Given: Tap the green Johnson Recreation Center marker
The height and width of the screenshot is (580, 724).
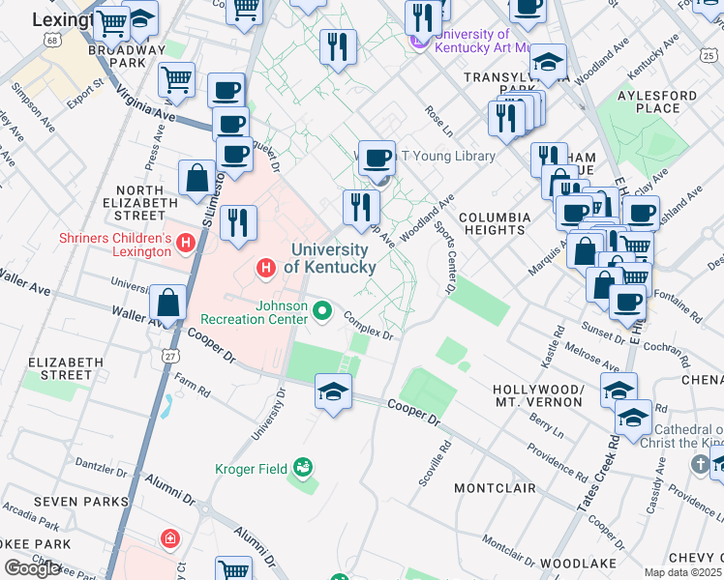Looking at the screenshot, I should [x=323, y=311].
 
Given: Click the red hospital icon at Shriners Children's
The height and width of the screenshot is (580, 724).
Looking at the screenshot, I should [x=185, y=246].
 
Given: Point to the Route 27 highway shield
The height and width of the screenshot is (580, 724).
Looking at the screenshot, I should [x=170, y=356].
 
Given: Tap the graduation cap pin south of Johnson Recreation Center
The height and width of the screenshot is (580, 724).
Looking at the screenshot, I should [x=333, y=391].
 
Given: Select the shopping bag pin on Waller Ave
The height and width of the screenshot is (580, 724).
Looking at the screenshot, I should [x=168, y=302].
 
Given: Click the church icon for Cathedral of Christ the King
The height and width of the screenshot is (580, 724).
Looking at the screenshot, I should [x=700, y=465].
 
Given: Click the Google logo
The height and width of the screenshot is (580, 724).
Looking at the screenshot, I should [x=32, y=567].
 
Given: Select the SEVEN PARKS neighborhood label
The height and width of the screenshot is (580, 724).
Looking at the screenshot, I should [x=80, y=502].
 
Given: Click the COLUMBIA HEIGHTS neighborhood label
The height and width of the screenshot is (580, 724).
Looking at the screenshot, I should [x=495, y=223].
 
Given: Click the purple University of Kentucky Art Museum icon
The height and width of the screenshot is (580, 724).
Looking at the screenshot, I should [x=419, y=42].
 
